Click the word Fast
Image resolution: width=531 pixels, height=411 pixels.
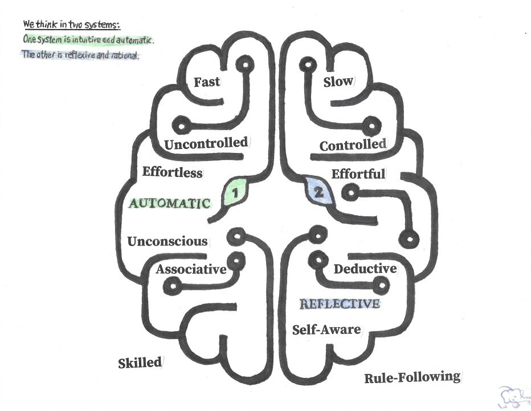click(x=206, y=82)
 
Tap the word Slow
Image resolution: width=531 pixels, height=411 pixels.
click(x=338, y=82)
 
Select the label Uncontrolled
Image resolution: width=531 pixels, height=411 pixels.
click(x=206, y=143)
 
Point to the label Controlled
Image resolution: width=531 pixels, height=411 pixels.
click(x=352, y=145)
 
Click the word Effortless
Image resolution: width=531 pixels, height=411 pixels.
click(x=171, y=171)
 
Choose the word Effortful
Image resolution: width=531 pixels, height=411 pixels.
click(x=358, y=173)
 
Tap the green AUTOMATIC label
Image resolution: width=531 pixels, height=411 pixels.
click(x=170, y=203)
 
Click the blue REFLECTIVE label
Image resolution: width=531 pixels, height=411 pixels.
click(x=340, y=304)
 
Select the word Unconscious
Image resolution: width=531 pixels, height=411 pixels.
click(x=168, y=241)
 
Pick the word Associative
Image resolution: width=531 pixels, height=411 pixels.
click(x=191, y=269)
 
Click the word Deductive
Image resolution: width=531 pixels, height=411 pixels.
click(x=365, y=268)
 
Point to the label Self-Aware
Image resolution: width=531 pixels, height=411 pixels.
click(x=326, y=329)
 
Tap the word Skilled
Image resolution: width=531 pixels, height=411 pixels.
click(x=140, y=363)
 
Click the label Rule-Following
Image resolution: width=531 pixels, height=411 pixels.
click(x=412, y=377)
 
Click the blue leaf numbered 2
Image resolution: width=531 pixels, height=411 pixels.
click(x=317, y=192)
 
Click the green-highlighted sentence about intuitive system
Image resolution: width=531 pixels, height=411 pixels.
click(x=87, y=40)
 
